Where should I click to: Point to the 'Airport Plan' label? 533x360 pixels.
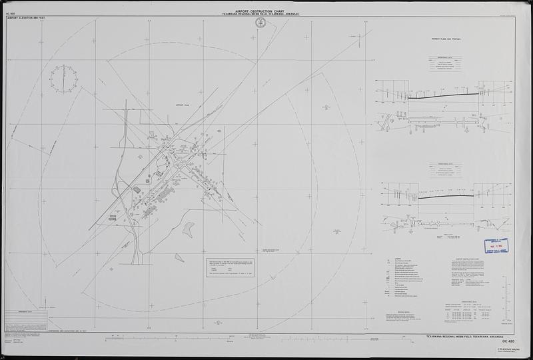pyautogui.click(x=183, y=105)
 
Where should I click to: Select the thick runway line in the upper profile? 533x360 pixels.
pyautogui.click(x=442, y=95)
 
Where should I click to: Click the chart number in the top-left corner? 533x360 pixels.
pyautogui.click(x=10, y=13)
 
